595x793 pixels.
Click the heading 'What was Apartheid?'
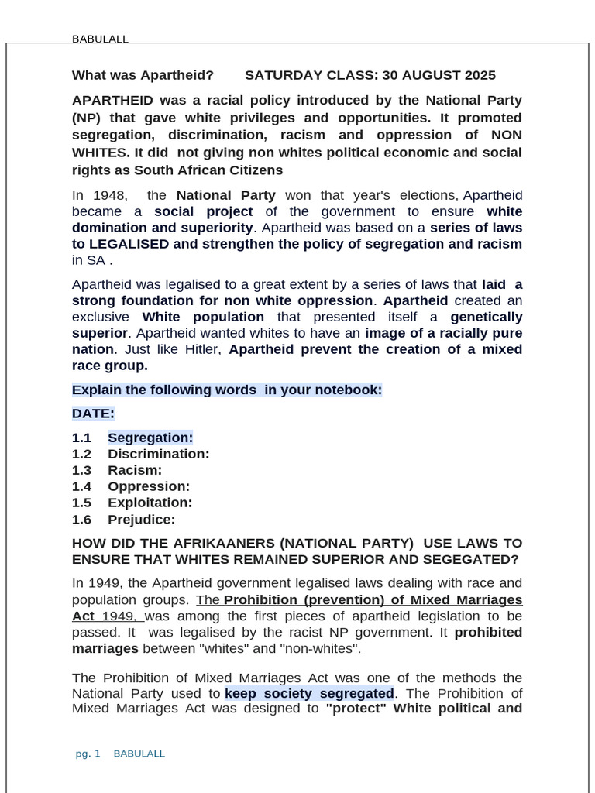(143, 75)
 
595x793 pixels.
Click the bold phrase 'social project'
(203, 211)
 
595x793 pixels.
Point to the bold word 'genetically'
(487, 317)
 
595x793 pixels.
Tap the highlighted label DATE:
(93, 414)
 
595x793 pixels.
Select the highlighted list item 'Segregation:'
(150, 438)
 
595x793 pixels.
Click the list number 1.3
(81, 470)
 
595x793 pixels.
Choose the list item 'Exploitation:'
(150, 503)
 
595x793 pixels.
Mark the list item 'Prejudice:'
(141, 520)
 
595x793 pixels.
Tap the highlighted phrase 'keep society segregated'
(309, 693)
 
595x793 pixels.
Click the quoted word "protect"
(356, 708)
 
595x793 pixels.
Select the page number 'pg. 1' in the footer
(88, 754)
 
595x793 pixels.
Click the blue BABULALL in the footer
(139, 754)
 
